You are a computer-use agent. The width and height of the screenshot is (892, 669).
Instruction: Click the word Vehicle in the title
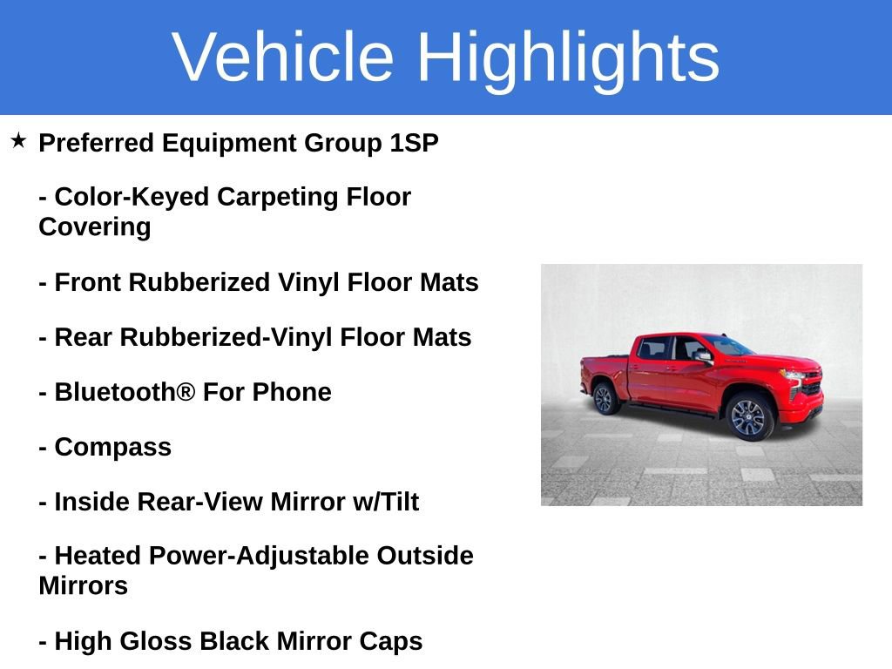[x=283, y=57]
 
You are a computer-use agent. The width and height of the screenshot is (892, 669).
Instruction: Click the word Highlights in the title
[x=568, y=57]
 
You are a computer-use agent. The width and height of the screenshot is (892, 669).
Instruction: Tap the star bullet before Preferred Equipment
[x=18, y=140]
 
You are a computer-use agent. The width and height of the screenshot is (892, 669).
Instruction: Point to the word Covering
[x=94, y=227]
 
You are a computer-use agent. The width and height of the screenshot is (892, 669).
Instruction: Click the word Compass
[x=112, y=447]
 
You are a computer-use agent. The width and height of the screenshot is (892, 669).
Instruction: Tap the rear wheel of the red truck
[x=603, y=398]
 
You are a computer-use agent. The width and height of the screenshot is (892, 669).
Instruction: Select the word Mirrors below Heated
[x=83, y=585]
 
